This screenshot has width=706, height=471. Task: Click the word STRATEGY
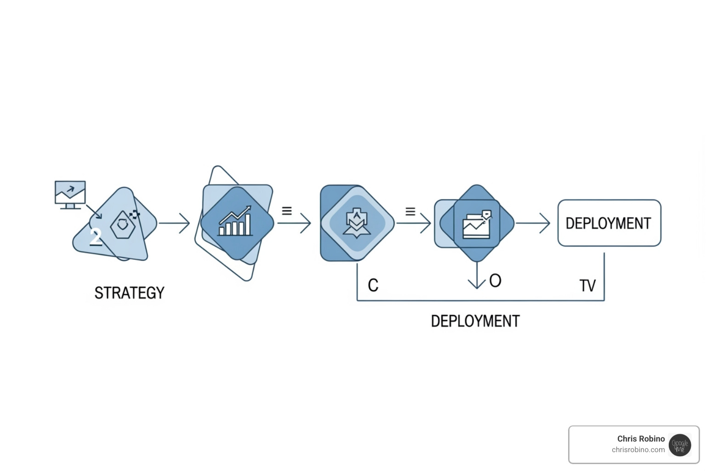129,293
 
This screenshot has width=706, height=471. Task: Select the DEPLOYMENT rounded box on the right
609,223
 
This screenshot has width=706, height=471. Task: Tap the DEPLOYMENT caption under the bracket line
475,321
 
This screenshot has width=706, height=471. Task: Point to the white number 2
96,236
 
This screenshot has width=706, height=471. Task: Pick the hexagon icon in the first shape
123,225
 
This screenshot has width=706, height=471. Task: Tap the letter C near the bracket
373,285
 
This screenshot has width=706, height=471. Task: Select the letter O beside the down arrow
495,281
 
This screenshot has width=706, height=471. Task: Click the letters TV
587,286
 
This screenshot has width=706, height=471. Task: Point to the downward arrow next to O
477,276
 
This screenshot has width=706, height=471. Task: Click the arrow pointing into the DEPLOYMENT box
533,223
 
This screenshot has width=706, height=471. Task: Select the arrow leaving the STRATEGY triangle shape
175,223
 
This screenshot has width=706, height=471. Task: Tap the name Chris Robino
641,439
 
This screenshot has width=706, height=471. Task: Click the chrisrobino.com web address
638,450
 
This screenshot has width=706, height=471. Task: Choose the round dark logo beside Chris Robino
680,445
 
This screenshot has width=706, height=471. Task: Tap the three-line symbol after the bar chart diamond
287,211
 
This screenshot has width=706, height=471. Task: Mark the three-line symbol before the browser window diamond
410,211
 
